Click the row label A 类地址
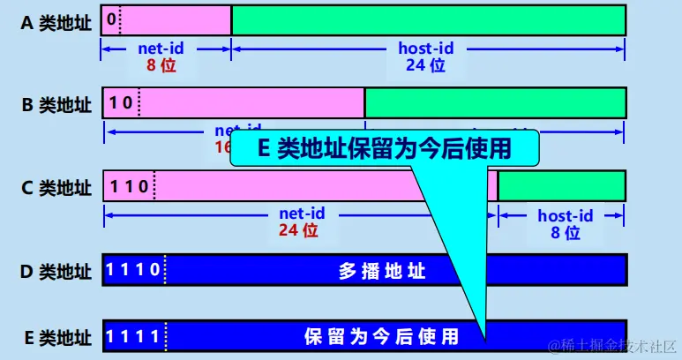[56, 22]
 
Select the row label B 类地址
[56, 105]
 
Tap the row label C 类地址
[56, 188]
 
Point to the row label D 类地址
[56, 271]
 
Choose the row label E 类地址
[56, 336]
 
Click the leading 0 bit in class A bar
[109, 19]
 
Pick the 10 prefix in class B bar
[121, 102]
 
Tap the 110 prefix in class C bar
[128, 186]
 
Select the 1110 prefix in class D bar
[132, 269]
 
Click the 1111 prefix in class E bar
[132, 335]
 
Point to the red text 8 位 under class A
[162, 65]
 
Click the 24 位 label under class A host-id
[426, 65]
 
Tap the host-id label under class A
[428, 49]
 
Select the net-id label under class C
[302, 214]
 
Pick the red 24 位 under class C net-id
[298, 231]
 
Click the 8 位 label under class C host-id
[566, 233]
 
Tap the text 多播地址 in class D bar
[383, 271]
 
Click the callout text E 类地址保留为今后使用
[384, 148]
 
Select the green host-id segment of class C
[562, 186]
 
